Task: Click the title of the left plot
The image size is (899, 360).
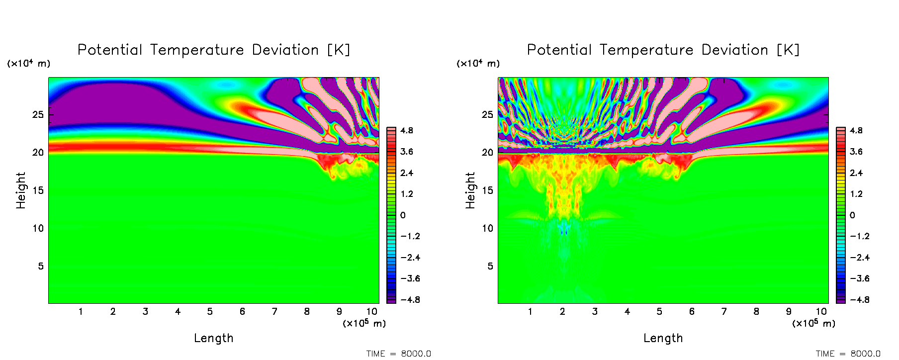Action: pos(214,50)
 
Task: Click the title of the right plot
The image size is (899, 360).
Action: pos(663,50)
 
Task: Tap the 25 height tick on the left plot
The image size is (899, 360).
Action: pos(38,115)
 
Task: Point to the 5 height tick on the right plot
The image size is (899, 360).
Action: pos(490,267)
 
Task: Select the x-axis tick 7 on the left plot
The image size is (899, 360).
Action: pos(274,312)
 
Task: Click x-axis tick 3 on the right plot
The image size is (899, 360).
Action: pos(595,312)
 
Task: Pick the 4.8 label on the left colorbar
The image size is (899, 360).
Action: pos(407,131)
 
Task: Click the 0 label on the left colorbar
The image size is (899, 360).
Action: pos(403,215)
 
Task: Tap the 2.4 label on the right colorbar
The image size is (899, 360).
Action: pos(856,173)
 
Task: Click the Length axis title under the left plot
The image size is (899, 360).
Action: pos(214,339)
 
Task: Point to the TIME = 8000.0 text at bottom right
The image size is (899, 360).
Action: pos(848,354)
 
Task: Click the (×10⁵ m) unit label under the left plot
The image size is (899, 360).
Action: pos(364,324)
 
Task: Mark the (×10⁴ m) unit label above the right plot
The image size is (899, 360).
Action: pos(478,64)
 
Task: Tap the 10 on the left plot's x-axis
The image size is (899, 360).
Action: pos(372,312)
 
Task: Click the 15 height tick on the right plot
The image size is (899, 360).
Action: pos(488,190)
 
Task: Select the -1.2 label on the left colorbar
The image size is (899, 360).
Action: pos(410,236)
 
